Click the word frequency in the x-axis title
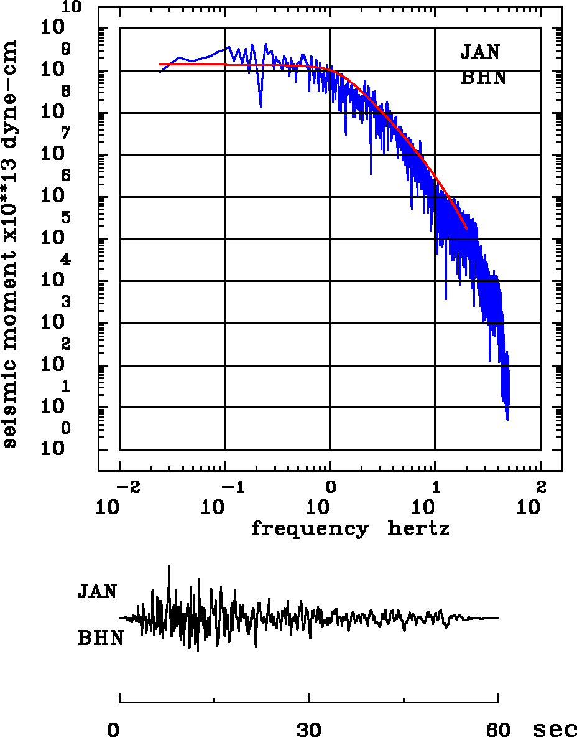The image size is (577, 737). coord(309,530)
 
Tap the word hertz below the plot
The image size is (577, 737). coord(418,530)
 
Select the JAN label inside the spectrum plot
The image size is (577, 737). coord(480,52)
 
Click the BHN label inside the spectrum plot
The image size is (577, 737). coord(483,78)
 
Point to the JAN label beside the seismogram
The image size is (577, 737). coord(97,591)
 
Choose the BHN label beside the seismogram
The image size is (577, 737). coord(100,638)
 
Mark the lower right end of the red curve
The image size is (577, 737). coord(466,228)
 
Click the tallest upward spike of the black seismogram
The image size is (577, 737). coord(168,567)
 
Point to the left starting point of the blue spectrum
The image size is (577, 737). coord(160,72)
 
